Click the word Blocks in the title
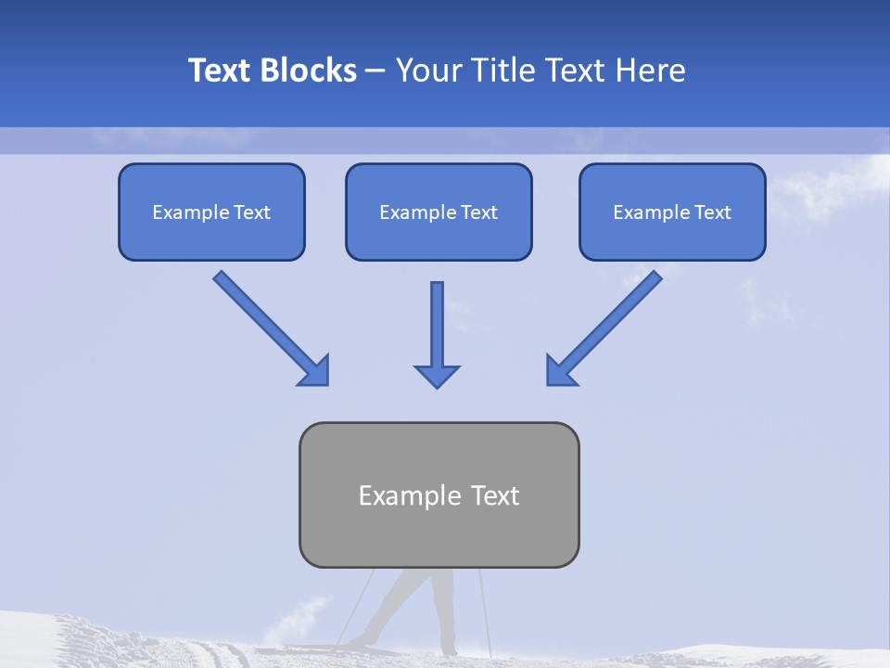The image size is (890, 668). tap(309, 71)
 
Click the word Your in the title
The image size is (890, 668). tap(427, 71)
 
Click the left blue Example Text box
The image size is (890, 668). tap(211, 212)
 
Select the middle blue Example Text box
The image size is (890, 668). tap(439, 212)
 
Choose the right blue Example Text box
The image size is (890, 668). tap(672, 212)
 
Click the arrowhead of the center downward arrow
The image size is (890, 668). tap(438, 375)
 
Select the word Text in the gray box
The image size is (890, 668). tap(496, 495)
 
